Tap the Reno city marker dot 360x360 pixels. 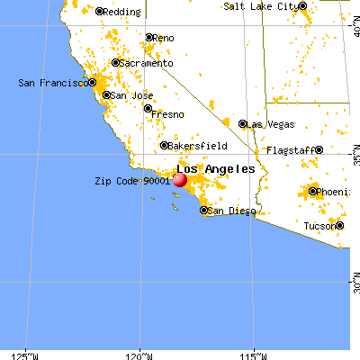tap(149, 38)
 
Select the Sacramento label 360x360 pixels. tap(147, 64)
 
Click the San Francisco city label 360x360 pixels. tap(52, 83)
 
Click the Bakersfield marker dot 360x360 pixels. tap(164, 146)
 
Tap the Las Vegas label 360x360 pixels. tap(268, 123)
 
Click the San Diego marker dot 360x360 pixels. tap(203, 211)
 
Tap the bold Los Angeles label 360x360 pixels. tap(216, 168)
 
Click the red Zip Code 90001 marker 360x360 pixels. tap(179, 179)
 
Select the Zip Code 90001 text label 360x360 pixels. tap(132, 180)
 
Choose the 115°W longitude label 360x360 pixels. tap(254, 354)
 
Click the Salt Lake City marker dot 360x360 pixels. tap(305, 6)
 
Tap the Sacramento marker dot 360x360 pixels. tap(114, 64)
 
